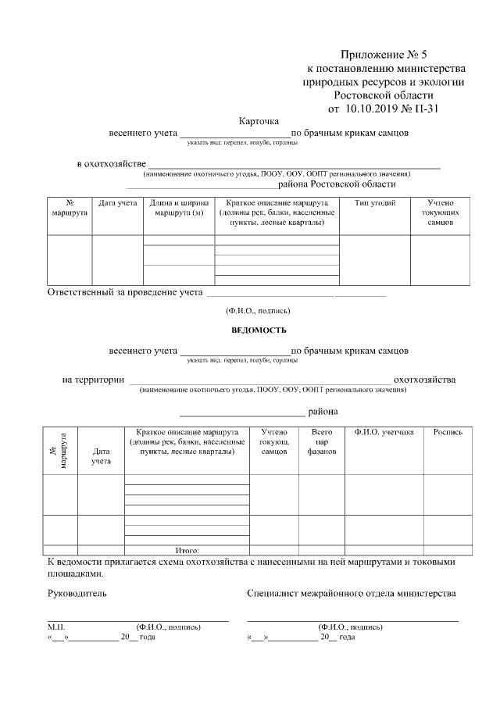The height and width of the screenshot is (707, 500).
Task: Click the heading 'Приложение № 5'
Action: click(384, 55)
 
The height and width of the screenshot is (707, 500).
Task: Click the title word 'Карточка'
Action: click(258, 121)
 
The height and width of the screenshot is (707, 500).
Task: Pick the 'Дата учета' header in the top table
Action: click(117, 203)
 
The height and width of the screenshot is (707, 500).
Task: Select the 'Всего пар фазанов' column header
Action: click(321, 441)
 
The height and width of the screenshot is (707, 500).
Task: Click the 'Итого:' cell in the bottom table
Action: click(187, 551)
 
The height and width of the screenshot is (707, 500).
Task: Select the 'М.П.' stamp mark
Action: click(55, 627)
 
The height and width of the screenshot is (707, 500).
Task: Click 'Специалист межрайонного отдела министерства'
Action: click(351, 594)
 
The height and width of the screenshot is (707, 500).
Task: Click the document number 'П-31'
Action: click(427, 109)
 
